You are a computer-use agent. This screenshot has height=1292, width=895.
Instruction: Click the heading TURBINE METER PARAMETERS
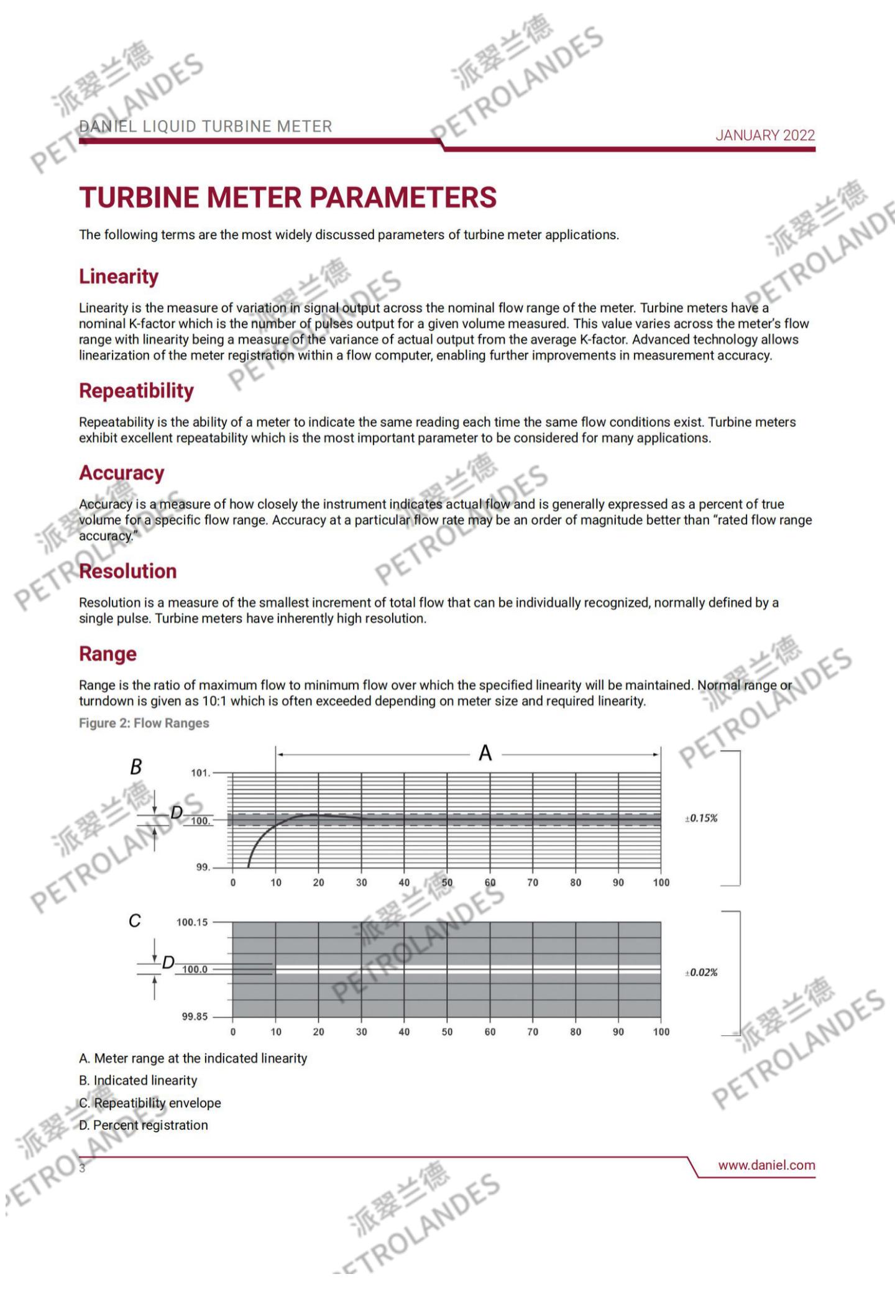288,198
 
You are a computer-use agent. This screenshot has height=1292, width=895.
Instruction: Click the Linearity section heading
119,277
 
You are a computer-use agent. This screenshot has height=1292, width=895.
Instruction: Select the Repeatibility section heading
136,391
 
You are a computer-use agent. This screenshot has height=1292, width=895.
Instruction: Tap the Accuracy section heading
121,473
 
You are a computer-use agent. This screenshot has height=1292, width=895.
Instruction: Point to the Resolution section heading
127,571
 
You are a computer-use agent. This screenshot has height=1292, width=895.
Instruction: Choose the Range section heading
108,654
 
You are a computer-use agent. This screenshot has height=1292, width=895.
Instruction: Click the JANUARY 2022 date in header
764,135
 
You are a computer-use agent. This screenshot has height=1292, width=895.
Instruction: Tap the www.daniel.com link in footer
766,1165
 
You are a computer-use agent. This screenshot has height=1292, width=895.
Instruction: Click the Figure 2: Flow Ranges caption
144,723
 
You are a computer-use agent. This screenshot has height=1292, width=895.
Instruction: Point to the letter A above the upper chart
485,753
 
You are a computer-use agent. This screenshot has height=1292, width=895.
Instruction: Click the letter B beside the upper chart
135,767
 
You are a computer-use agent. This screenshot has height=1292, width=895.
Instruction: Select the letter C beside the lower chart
134,920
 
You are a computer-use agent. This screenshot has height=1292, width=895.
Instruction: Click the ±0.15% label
701,818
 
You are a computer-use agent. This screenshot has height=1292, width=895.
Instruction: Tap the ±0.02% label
701,973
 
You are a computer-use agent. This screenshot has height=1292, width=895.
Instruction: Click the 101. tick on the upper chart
200,773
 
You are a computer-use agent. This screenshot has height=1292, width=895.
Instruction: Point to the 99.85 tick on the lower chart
195,1017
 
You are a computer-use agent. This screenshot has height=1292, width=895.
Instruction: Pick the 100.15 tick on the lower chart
192,922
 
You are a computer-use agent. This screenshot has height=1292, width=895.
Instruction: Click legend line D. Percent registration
144,1125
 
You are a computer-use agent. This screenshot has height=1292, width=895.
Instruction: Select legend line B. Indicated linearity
138,1080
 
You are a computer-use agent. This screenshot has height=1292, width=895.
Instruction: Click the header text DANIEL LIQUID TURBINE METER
206,127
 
